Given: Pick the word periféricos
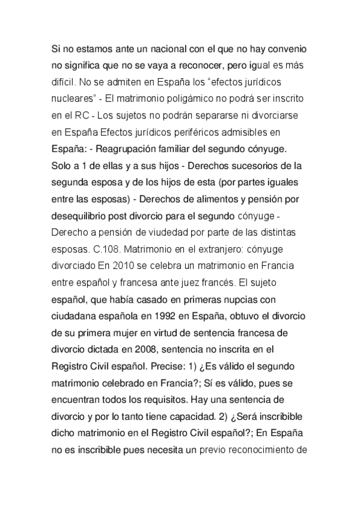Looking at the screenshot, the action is (x=205, y=131).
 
